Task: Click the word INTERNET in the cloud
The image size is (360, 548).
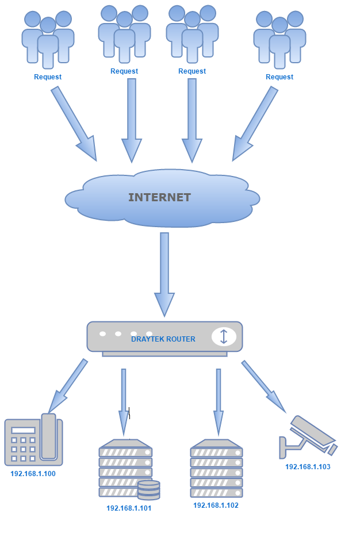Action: pyautogui.click(x=159, y=197)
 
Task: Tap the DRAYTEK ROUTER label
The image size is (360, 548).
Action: pyautogui.click(x=163, y=339)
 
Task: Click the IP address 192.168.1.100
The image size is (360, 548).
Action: pyautogui.click(x=33, y=474)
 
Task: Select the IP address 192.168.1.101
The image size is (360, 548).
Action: pyautogui.click(x=129, y=508)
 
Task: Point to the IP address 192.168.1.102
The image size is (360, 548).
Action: pyautogui.click(x=216, y=505)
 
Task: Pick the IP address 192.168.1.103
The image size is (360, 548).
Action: pyautogui.click(x=308, y=467)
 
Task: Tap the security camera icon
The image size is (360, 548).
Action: pyautogui.click(x=308, y=437)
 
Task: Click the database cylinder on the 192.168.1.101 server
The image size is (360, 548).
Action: pyautogui.click(x=148, y=490)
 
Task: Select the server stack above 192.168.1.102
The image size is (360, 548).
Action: pyautogui.click(x=216, y=468)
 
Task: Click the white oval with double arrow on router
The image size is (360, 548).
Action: pyautogui.click(x=224, y=337)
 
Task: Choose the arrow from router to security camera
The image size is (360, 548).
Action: pyautogui.click(x=263, y=386)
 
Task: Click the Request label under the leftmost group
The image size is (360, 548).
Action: pyautogui.click(x=48, y=77)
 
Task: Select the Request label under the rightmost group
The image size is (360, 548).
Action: pyautogui.click(x=279, y=77)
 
